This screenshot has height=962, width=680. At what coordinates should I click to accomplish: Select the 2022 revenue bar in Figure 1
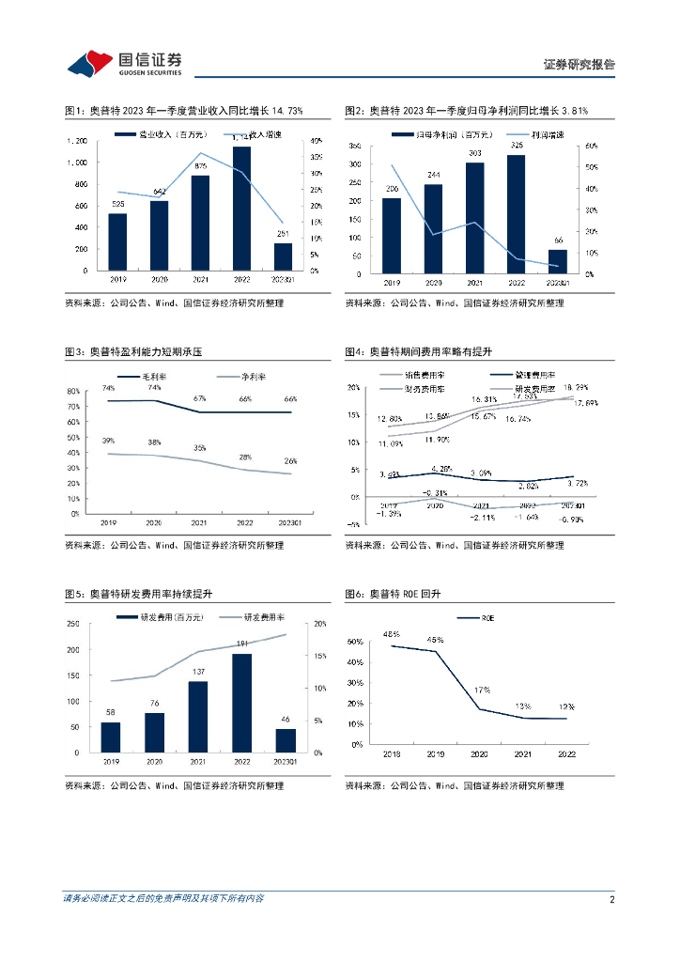[241, 209]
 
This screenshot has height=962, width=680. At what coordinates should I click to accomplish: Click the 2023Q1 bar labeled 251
[283, 256]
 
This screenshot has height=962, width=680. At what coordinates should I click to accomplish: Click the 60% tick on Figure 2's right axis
[591, 147]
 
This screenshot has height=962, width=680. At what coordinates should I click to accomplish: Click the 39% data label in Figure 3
[109, 441]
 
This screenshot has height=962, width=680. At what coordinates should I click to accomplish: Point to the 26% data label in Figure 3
[290, 460]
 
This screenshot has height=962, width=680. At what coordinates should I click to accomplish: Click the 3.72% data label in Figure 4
[578, 482]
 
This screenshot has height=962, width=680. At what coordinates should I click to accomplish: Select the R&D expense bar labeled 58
[111, 737]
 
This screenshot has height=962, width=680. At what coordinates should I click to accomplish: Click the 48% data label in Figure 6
[392, 634]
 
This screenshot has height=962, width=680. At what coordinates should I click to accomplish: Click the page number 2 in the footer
[611, 899]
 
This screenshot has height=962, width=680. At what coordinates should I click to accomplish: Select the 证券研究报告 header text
[579, 65]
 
